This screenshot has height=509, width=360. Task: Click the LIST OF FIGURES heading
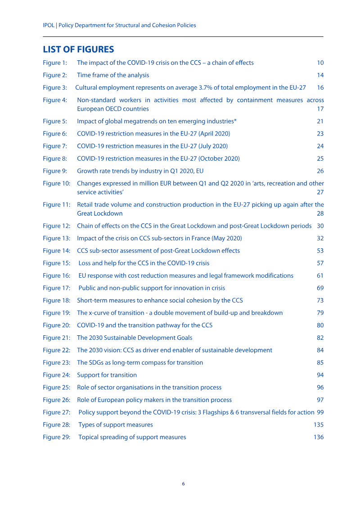point(78,49)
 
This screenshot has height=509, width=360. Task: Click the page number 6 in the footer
point(183,484)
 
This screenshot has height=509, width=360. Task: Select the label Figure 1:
point(55,63)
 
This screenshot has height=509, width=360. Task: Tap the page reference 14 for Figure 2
point(320,75)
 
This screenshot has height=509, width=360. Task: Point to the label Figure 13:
point(57,239)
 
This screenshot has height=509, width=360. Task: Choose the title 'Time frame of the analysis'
point(113,75)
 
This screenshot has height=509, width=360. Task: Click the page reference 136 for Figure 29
point(319,437)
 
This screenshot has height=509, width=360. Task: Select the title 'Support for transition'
point(107,375)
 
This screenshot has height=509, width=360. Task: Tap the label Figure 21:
point(57,338)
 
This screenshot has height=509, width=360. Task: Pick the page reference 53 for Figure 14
point(320,251)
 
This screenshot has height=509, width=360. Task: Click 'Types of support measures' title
point(116,424)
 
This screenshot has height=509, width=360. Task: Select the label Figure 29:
point(57,437)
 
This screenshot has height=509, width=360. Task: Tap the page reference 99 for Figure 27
point(320,412)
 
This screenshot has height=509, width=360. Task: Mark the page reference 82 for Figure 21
point(320,338)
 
